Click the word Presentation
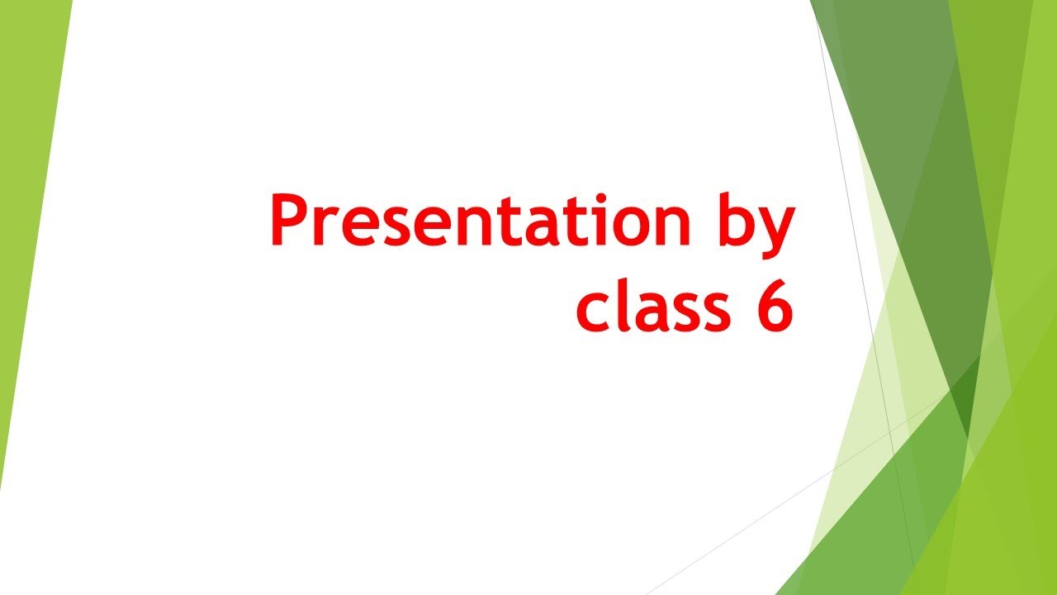point(479,221)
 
